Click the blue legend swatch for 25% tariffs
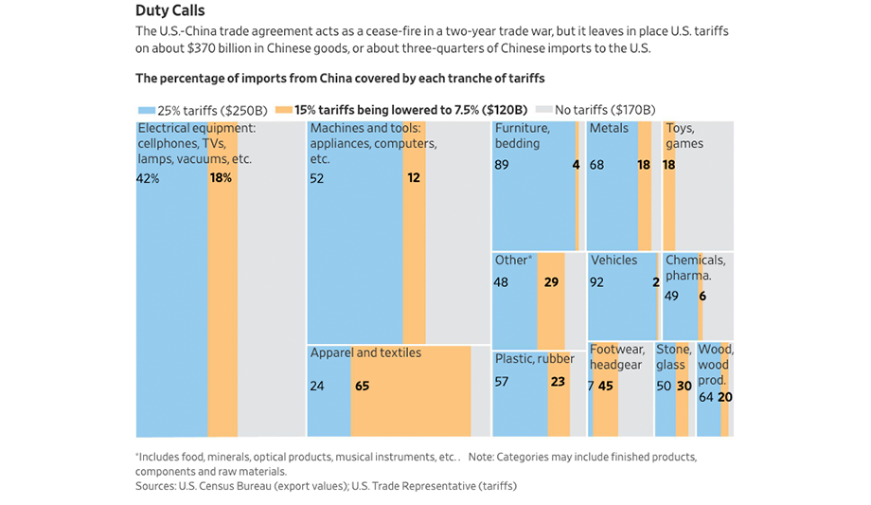pos(145,110)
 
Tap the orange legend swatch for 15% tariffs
pos(286,110)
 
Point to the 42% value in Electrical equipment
pos(148,178)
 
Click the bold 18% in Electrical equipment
pos(222,178)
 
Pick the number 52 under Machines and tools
pos(317,178)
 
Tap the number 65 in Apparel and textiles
pos(362,386)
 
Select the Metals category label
pos(609,128)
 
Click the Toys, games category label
pos(684,135)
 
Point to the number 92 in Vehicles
pos(597,281)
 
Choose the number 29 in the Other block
pos(551,281)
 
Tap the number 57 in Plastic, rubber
pos(502,382)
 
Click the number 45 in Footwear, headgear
pos(606,386)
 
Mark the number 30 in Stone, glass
pos(684,386)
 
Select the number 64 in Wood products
pos(705,397)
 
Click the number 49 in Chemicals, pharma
pos(672,296)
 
